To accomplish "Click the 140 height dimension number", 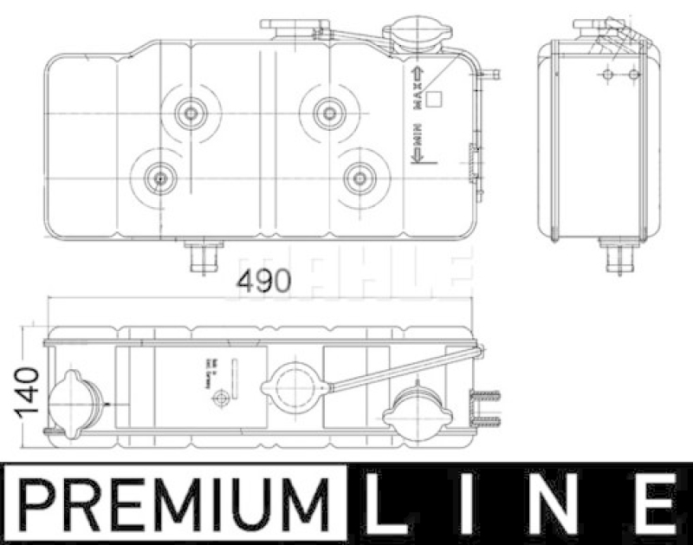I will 28,390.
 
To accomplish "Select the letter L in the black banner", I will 388,503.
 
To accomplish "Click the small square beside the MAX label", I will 436,99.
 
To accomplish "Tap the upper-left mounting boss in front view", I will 189,111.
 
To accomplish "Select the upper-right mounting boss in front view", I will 327,111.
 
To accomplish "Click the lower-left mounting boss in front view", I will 159,178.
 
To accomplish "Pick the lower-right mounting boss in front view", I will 359,178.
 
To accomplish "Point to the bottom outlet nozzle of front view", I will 202,256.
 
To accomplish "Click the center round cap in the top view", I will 295,387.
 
